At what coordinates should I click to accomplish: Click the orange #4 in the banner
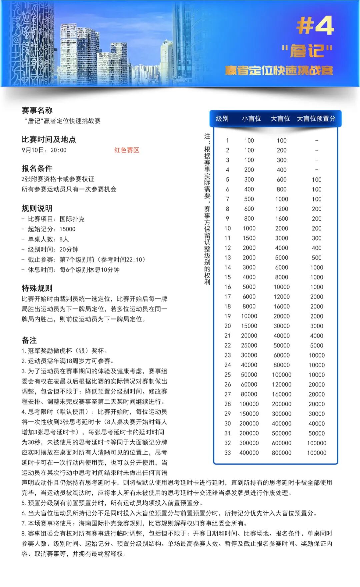315,25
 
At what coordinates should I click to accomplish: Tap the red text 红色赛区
127,150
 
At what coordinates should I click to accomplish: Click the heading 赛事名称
37,110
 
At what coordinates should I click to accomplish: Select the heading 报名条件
37,168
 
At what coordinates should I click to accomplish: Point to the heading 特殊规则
37,288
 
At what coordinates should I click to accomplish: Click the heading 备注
29,340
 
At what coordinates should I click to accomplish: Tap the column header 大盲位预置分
316,119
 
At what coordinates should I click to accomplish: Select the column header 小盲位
251,119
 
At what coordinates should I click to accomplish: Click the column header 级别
222,119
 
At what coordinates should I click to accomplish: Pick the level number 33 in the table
227,453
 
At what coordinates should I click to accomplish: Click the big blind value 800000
282,453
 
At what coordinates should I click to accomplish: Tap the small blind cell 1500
249,238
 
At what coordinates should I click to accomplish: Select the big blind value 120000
282,385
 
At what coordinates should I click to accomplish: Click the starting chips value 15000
67,229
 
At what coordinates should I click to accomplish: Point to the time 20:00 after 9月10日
58,150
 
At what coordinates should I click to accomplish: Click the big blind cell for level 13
282,257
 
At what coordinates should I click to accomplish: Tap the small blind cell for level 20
249,326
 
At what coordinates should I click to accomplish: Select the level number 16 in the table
227,287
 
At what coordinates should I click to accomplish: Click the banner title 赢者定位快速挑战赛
279,71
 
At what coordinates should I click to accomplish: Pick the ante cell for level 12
317,248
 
